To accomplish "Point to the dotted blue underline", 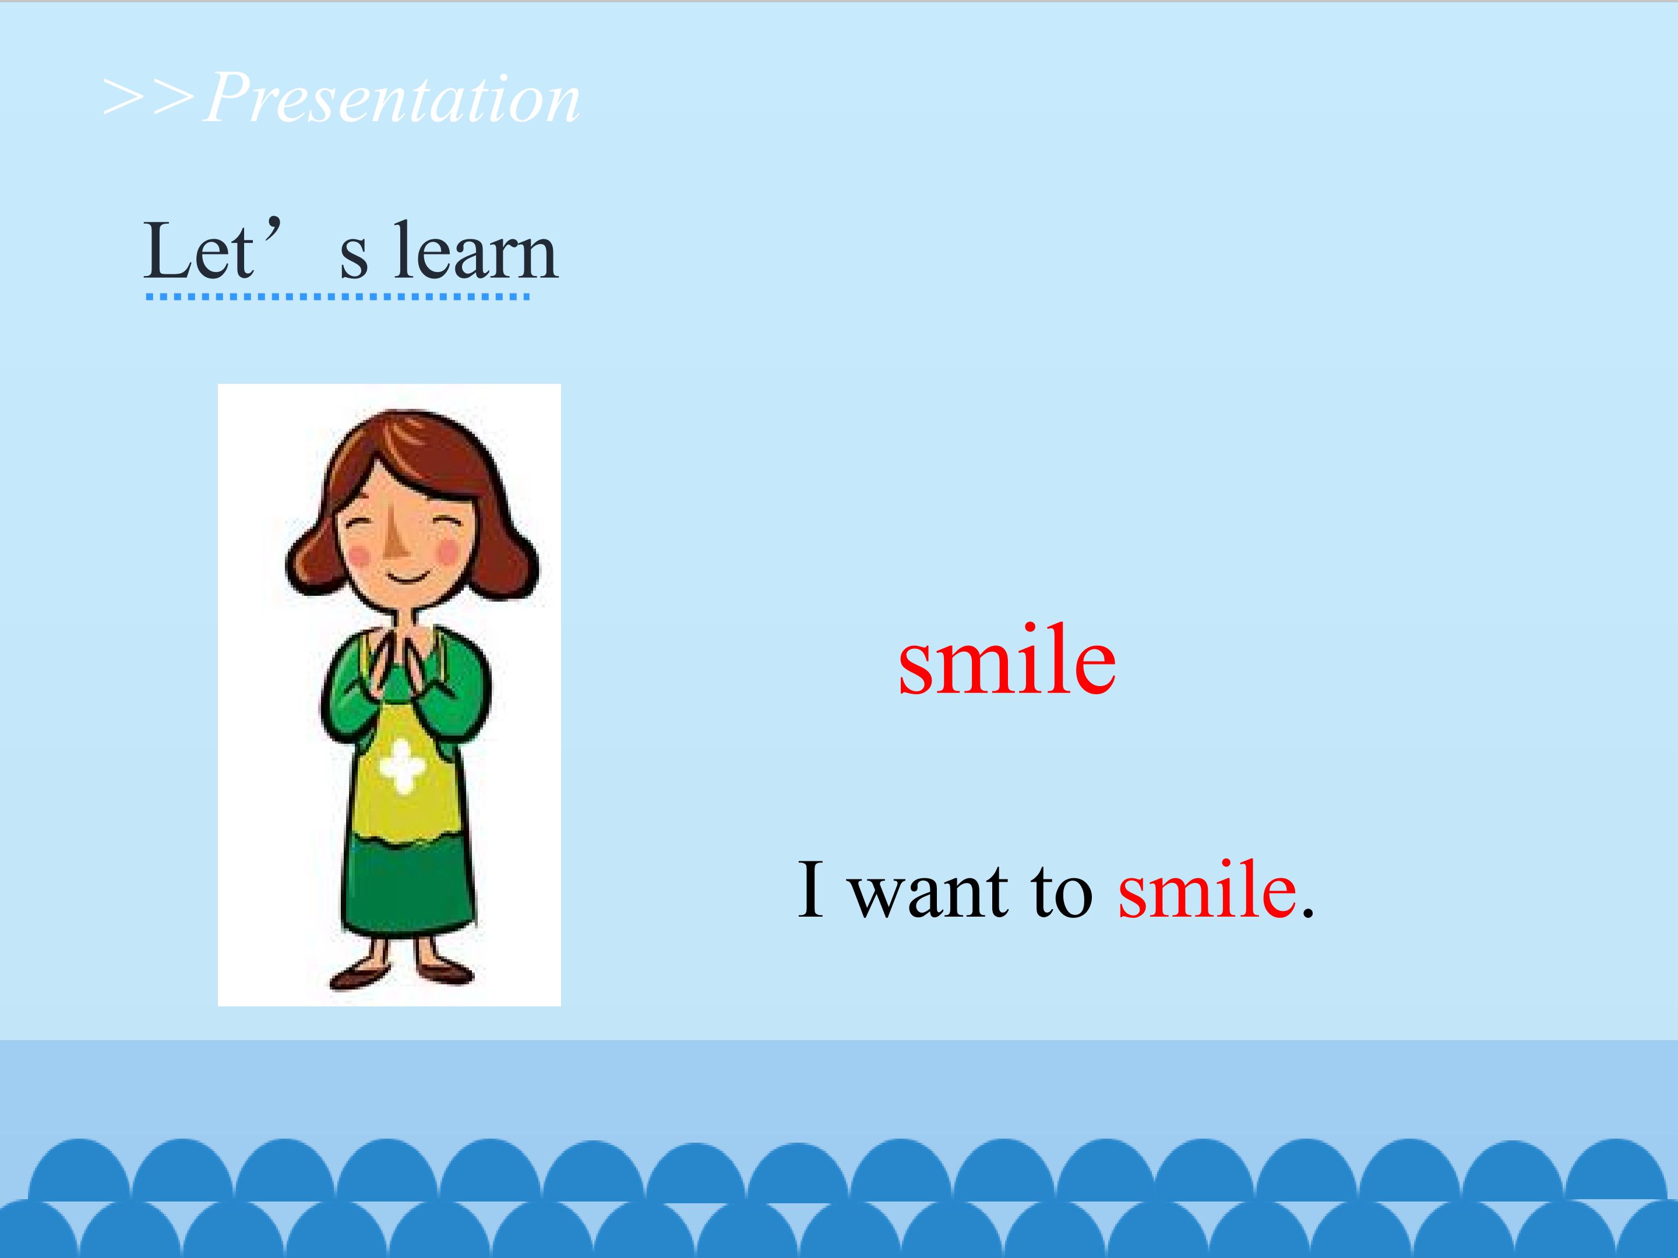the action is pyautogui.click(x=337, y=296).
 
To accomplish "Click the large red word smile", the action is pyautogui.click(x=1007, y=658).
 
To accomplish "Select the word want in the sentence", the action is pyautogui.click(x=928, y=891).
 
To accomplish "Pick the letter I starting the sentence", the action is pyautogui.click(x=810, y=889).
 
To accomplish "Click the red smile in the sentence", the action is pyautogui.click(x=1207, y=889).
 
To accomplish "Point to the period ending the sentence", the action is pyautogui.click(x=1307, y=911).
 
